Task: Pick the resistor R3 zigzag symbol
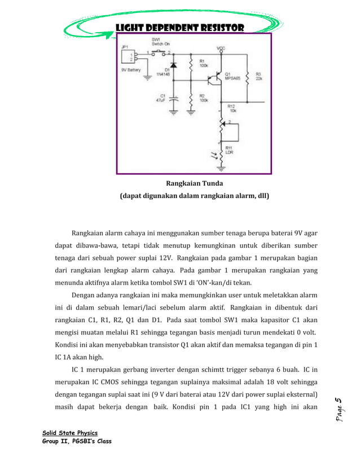[x=247, y=76]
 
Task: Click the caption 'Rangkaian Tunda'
[x=194, y=183]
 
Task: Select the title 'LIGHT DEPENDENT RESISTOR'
[x=179, y=28]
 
